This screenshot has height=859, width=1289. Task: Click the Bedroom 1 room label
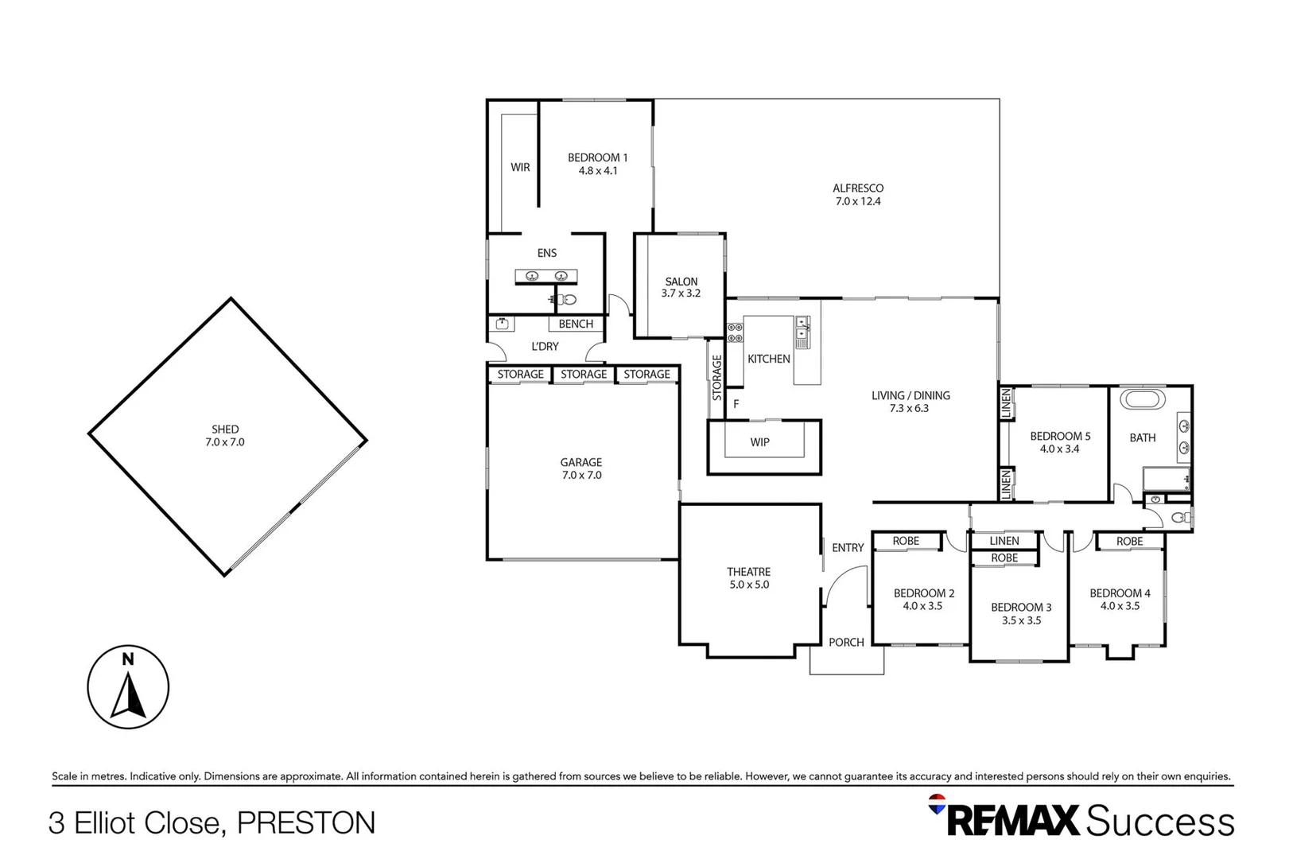tap(597, 157)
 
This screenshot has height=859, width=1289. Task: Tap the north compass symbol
tap(128, 687)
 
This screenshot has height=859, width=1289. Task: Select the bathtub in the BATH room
tap(1142, 399)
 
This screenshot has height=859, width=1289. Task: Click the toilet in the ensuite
tap(566, 300)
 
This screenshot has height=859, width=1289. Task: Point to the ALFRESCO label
tap(858, 189)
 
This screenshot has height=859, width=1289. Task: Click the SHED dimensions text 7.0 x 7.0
tap(225, 442)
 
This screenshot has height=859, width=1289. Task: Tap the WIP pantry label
tap(759, 442)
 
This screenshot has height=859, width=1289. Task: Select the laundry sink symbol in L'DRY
tap(503, 324)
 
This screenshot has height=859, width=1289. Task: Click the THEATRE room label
tap(748, 572)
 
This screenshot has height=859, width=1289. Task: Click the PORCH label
tap(846, 643)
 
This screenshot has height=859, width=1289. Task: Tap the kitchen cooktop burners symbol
tap(735, 332)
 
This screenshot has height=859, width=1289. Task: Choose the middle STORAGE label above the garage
tap(584, 375)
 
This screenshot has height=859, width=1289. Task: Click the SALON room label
tap(681, 282)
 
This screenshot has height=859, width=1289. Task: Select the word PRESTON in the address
tap(306, 823)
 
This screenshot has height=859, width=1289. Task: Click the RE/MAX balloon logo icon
tap(938, 804)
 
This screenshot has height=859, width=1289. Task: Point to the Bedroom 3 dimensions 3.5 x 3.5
tap(1021, 620)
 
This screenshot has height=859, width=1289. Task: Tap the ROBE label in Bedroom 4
tap(1129, 542)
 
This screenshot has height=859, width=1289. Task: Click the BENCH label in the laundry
tap(576, 324)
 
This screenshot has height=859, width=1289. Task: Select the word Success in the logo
tap(1159, 822)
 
